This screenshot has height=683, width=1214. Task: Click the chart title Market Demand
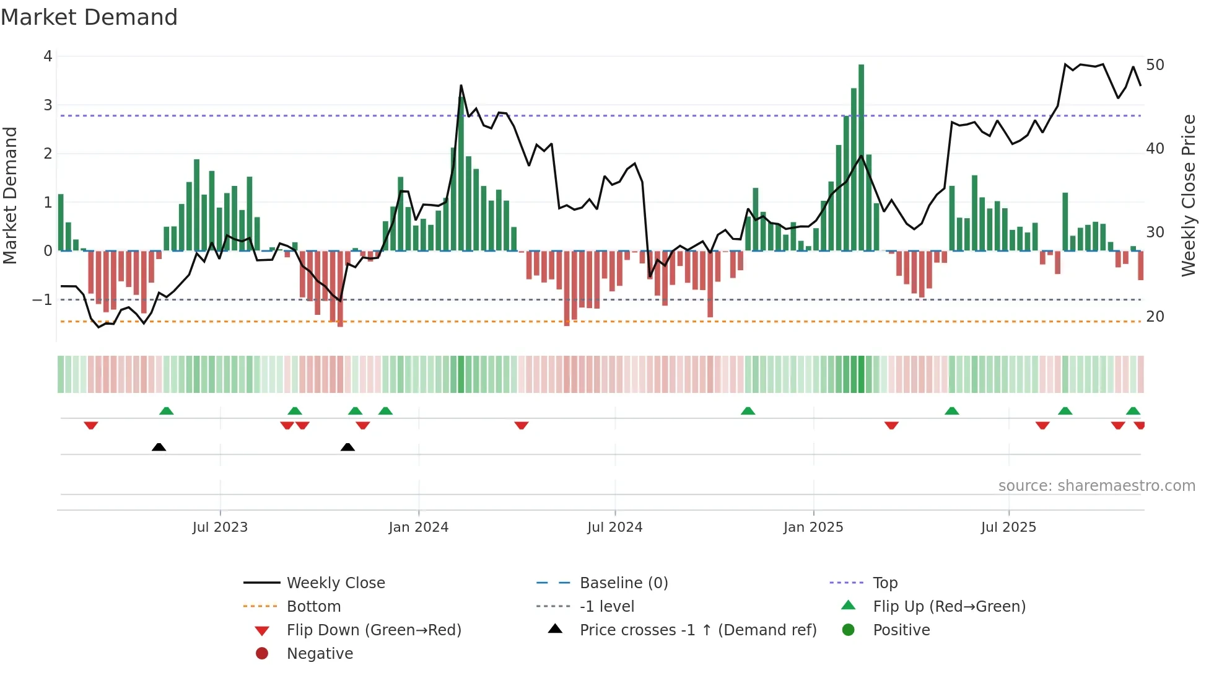click(89, 17)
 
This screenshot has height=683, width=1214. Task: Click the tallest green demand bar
click(861, 155)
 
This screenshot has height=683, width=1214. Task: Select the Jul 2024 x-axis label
click(614, 527)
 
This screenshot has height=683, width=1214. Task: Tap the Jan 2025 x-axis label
click(813, 527)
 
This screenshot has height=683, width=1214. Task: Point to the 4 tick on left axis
click(48, 56)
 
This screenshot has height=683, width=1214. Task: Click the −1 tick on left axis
click(43, 300)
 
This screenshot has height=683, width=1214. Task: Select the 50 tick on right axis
click(1155, 65)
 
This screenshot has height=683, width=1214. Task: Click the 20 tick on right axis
click(1155, 317)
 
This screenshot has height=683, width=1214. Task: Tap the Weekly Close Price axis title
click(1188, 195)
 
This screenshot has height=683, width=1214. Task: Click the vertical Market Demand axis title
click(10, 195)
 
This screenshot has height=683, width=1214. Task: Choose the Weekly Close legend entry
click(335, 583)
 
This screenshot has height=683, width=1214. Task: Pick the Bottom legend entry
click(313, 607)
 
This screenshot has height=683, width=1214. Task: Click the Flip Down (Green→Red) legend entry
click(373, 630)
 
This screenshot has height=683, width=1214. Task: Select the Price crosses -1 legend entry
click(697, 630)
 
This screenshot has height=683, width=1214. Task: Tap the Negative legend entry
click(320, 654)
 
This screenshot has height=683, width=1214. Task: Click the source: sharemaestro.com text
click(1096, 486)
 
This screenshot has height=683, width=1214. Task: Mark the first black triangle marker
click(159, 447)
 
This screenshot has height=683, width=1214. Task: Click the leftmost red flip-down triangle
click(91, 425)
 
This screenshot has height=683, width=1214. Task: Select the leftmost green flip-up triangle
click(166, 411)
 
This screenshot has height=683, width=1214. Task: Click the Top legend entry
click(884, 583)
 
